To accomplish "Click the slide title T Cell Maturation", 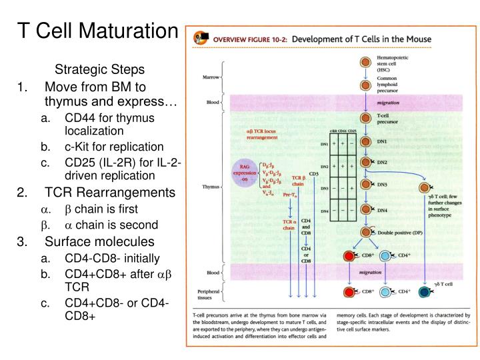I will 98,30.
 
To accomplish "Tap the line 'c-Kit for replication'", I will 114,146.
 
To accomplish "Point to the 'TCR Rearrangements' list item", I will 111,193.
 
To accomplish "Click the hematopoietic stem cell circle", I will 365,63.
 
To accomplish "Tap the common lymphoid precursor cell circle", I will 365,86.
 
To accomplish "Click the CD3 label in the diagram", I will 314,174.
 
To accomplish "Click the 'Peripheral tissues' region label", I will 208,295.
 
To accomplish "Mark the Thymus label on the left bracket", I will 209,187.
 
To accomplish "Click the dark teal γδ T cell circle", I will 423,292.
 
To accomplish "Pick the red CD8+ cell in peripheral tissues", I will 347,292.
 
